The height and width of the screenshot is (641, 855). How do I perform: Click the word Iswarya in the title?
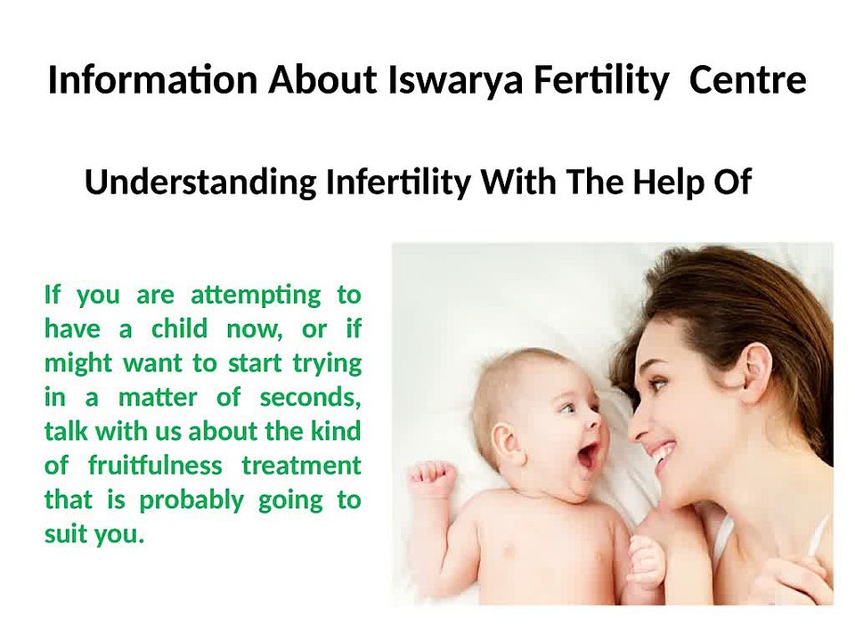pyautogui.click(x=455, y=81)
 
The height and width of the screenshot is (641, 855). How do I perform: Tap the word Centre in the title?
pyautogui.click(x=747, y=80)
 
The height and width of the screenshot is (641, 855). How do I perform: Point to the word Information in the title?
pyautogui.click(x=152, y=80)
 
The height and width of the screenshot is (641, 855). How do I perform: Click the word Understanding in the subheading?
pyautogui.click(x=200, y=183)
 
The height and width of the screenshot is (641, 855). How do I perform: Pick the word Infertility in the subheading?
pyautogui.click(x=398, y=183)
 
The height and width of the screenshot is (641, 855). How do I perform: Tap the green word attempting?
pyautogui.click(x=256, y=296)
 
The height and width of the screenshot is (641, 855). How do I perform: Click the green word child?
pyautogui.click(x=179, y=329)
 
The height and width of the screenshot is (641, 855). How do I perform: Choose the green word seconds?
pyautogui.click(x=310, y=397)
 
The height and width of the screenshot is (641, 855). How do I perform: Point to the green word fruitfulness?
pyautogui.click(x=155, y=466)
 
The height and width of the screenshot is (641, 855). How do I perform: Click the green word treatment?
pyautogui.click(x=302, y=466)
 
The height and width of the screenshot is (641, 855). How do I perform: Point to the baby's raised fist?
pyautogui.click(x=434, y=475)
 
